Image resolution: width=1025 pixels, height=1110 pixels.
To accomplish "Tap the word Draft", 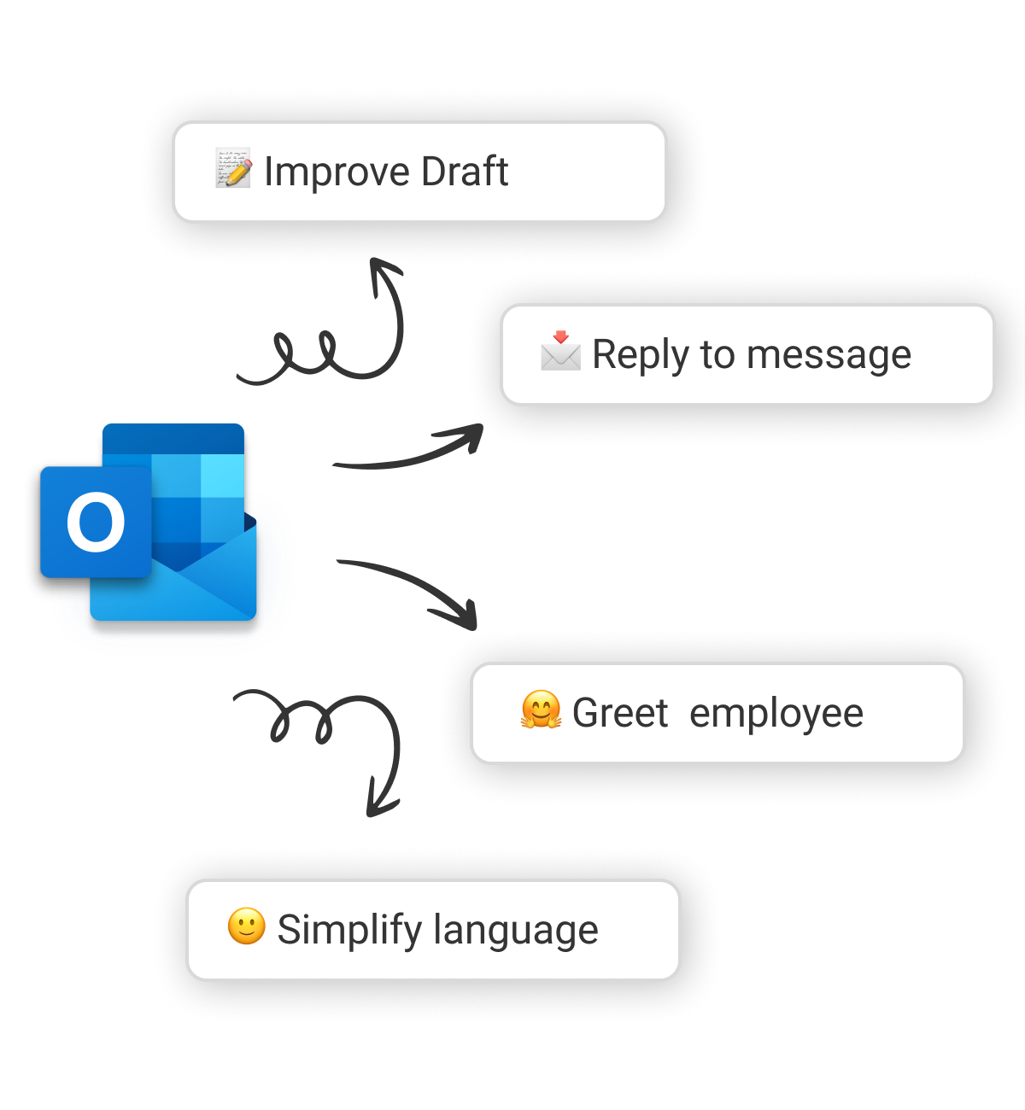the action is click(465, 171).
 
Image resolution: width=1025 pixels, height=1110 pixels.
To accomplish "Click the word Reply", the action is click(641, 355).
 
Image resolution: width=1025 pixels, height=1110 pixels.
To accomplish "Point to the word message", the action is click(829, 356).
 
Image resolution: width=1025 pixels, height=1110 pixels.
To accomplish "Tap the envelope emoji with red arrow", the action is click(560, 350).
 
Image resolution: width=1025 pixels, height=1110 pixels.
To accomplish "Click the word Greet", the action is click(620, 713).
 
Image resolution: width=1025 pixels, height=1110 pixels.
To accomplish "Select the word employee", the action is click(776, 715).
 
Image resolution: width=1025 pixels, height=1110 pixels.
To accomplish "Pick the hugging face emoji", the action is click(541, 710).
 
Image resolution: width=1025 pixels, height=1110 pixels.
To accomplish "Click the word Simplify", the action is click(349, 931).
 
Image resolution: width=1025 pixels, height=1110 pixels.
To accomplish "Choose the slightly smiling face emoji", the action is click(246, 926).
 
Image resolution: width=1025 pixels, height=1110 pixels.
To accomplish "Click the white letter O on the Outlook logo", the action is click(96, 522).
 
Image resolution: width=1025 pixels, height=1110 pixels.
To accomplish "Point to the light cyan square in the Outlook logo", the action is click(222, 476).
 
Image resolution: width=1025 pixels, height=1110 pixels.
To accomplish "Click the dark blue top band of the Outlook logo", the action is click(173, 439).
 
